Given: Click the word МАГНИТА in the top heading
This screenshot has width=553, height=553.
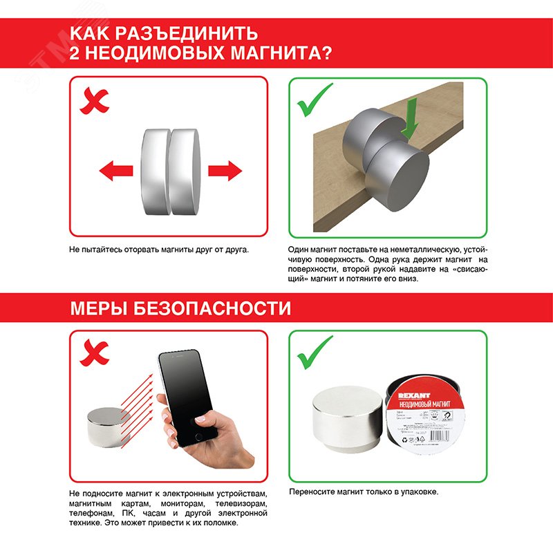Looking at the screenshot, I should tap(272, 53).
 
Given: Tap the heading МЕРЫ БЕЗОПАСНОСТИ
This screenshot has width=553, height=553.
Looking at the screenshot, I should tap(180, 308).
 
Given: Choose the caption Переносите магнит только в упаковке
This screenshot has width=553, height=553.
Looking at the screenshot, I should tap(364, 492).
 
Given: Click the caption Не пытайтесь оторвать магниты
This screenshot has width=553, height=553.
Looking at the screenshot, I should tap(158, 249).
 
